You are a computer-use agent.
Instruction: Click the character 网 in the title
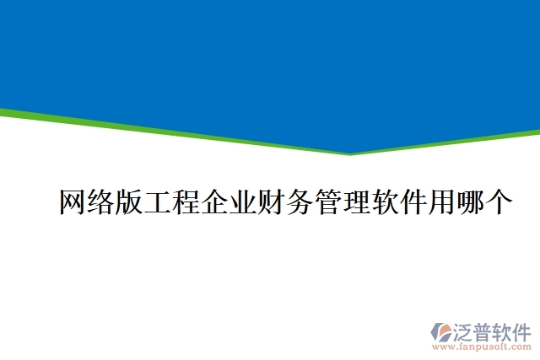click(x=73, y=203)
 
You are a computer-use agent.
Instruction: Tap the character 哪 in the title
click(x=470, y=203)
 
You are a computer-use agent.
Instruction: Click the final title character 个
click(x=499, y=203)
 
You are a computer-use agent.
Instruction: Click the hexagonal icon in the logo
click(x=442, y=332)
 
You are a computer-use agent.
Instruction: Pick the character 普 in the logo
click(x=487, y=330)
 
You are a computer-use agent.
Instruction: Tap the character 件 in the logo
click(x=525, y=330)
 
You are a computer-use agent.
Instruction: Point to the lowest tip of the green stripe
click(x=350, y=154)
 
